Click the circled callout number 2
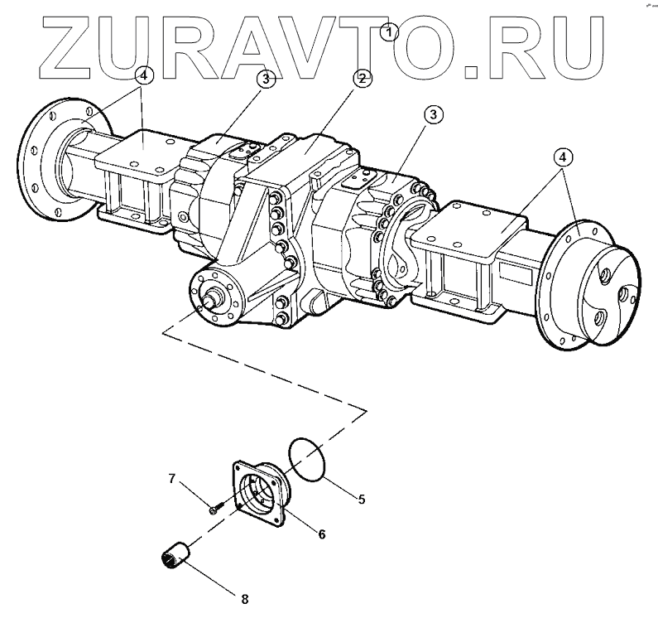[361, 80]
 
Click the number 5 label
[361, 500]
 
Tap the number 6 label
[321, 534]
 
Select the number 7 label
[173, 479]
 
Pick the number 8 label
[244, 596]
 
